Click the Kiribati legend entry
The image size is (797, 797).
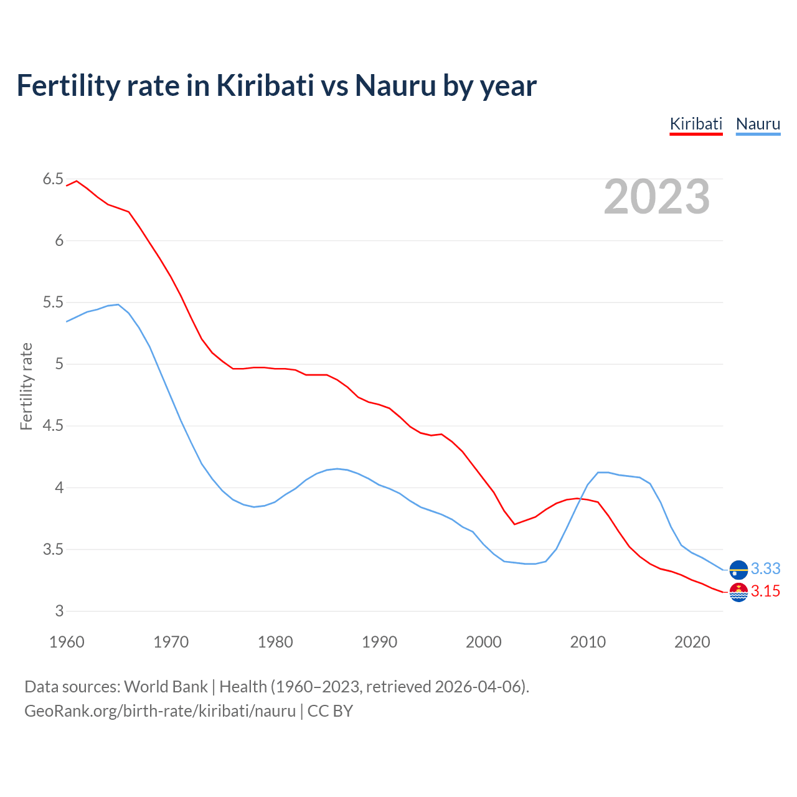(x=696, y=124)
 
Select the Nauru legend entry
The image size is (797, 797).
(x=758, y=124)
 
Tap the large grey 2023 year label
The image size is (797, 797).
(x=656, y=197)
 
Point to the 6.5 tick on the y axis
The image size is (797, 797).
(x=53, y=179)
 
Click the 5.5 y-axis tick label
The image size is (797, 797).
(x=53, y=303)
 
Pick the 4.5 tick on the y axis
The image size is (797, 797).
(x=53, y=426)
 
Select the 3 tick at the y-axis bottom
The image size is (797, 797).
(x=59, y=611)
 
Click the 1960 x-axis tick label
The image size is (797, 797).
(x=67, y=642)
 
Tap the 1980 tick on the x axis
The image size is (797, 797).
(x=275, y=642)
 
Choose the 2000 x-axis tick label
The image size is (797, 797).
(x=484, y=642)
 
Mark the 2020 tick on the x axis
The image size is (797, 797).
(x=692, y=642)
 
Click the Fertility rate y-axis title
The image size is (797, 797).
(x=26, y=386)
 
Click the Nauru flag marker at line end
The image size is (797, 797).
(x=738, y=569)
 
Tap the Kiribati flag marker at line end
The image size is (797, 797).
(x=738, y=592)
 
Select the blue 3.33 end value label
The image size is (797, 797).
(x=765, y=569)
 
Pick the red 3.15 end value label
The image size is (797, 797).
(x=765, y=592)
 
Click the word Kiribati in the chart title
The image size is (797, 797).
(x=265, y=86)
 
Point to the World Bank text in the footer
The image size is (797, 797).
(x=166, y=687)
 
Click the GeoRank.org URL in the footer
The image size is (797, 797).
(x=160, y=711)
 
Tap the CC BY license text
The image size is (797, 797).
(x=330, y=711)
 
